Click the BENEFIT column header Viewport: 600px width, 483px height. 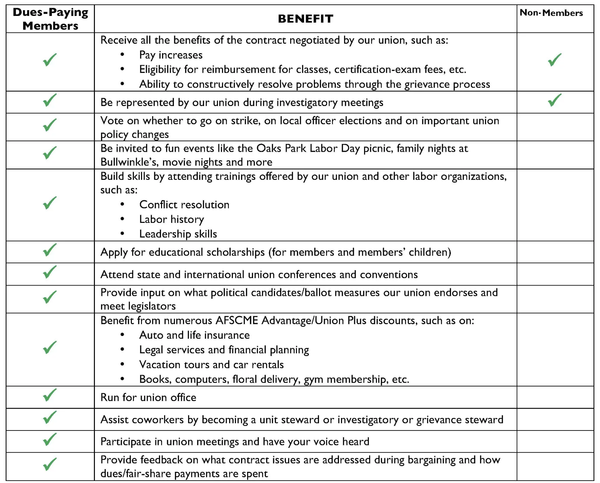305,19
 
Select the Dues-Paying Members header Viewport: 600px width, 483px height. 50,19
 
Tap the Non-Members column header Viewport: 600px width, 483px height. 551,13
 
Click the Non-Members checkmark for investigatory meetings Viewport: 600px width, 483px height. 555,100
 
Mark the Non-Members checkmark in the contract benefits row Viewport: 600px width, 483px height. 555,60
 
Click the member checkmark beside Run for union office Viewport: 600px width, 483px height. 50,395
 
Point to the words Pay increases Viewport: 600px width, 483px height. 171,55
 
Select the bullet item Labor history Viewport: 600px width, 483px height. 172,219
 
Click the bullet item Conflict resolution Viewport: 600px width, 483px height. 184,205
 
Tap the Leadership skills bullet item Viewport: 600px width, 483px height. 178,234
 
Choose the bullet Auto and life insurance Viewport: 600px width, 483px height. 194,335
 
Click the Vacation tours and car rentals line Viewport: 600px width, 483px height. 211,364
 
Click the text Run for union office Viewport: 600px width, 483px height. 148,397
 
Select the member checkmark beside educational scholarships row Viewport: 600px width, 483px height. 50,250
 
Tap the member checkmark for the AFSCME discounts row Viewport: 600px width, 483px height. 50,348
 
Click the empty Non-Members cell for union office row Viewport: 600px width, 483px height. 555,397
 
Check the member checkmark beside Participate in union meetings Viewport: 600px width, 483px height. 50,440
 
